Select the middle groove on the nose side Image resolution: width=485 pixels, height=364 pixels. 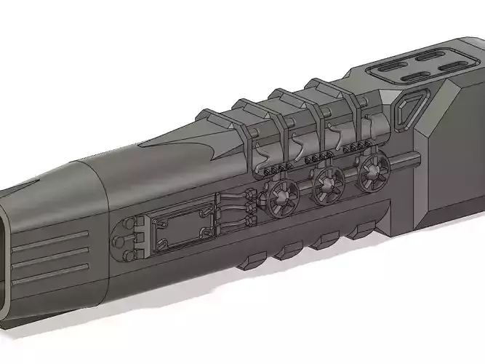55,256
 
